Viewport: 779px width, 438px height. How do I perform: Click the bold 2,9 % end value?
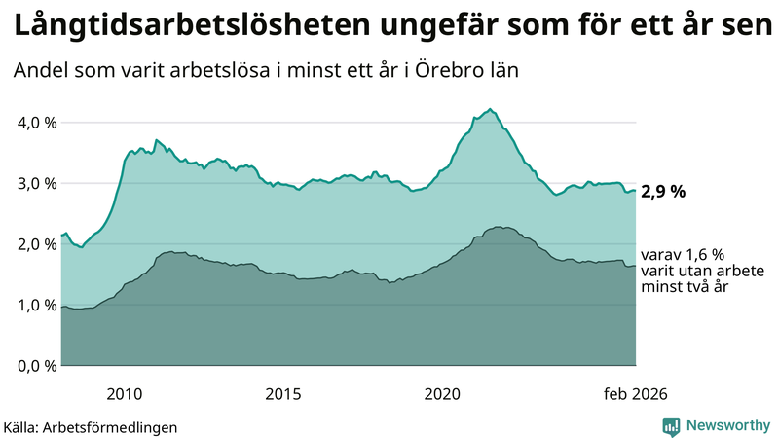[x=663, y=192]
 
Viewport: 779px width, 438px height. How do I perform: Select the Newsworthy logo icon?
[x=671, y=425]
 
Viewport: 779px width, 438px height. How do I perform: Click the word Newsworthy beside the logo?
[x=726, y=425]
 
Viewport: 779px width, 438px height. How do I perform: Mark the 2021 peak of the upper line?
[x=490, y=109]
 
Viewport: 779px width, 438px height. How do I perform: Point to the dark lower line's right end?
[x=635, y=266]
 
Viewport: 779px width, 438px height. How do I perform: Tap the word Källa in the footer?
[x=25, y=426]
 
